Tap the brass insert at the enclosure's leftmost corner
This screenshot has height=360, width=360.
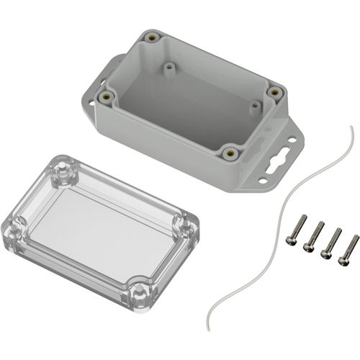[x=108, y=95]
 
